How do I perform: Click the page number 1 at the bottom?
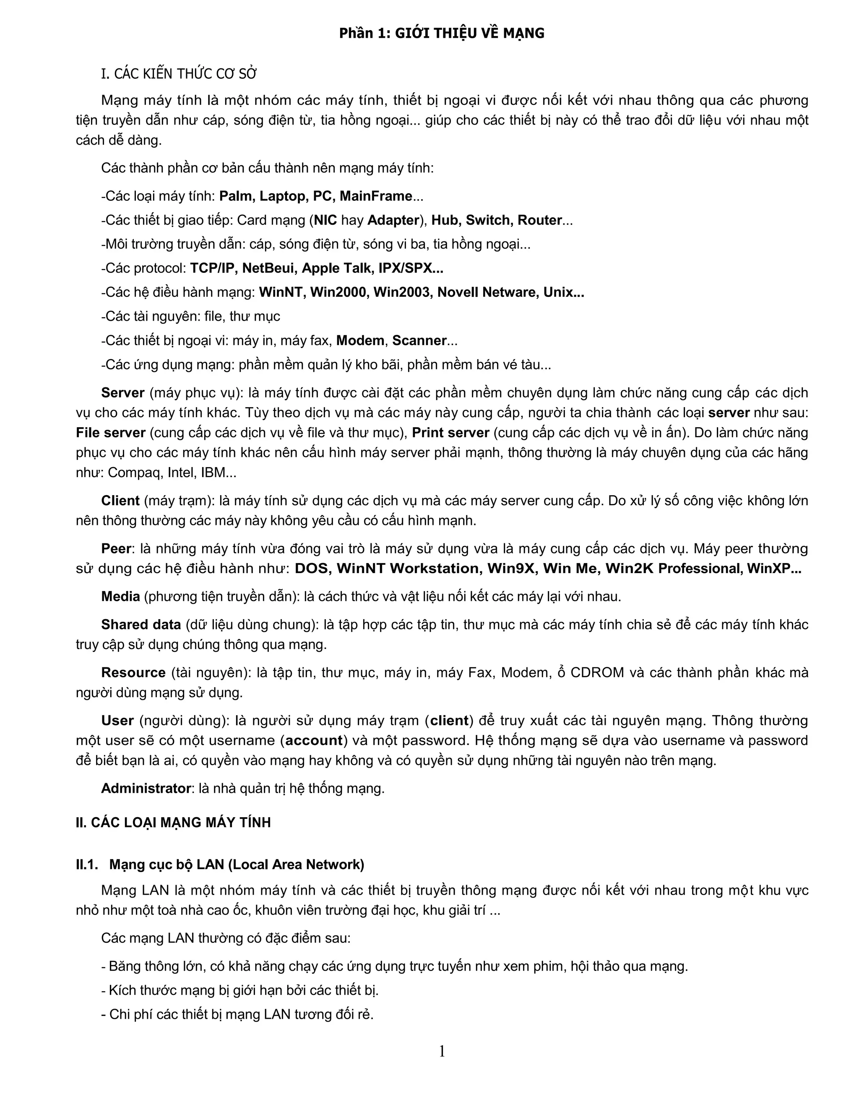click(442, 1051)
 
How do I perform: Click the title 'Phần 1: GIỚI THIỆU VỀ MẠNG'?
click(442, 33)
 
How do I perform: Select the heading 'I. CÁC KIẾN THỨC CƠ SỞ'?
click(179, 74)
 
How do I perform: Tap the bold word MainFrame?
click(375, 196)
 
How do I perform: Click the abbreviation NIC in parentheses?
click(325, 220)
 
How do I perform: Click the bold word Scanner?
click(419, 340)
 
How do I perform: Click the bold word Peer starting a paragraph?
click(117, 548)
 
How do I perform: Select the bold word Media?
click(120, 596)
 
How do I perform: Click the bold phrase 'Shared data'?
click(141, 624)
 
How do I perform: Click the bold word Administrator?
click(146, 788)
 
